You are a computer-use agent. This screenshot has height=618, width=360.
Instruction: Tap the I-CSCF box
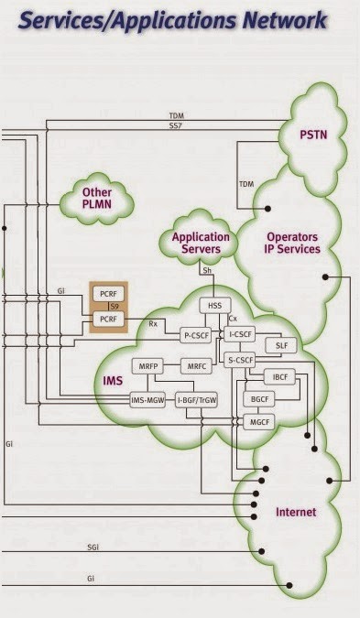pos(242,335)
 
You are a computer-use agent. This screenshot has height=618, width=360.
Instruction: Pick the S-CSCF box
pos(242,362)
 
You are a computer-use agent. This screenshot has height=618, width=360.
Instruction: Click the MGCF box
pos(256,419)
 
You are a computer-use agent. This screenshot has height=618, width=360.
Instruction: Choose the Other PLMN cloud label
pos(97,199)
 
